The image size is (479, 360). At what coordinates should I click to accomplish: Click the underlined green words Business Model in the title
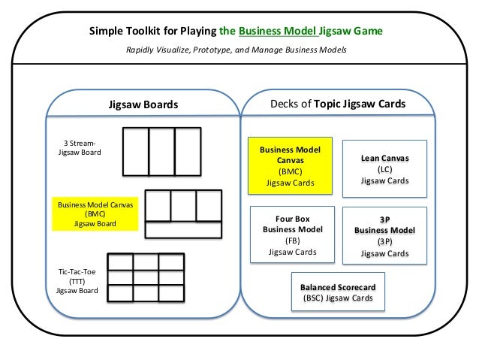[x=278, y=31]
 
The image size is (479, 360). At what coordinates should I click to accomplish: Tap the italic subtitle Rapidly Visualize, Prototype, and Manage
[x=204, y=50]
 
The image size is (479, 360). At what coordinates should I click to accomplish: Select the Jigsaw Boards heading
[x=143, y=104]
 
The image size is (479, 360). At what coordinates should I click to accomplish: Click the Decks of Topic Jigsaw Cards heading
[x=338, y=104]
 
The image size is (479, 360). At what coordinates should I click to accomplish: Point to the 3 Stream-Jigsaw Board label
[x=80, y=148]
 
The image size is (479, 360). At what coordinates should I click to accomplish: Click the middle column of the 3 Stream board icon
[x=162, y=152]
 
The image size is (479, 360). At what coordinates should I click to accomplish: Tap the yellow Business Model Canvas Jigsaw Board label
[x=95, y=213]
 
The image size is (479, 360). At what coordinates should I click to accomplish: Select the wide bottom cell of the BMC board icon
[x=183, y=230]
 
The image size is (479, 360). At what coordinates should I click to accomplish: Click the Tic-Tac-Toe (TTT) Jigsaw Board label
[x=77, y=281]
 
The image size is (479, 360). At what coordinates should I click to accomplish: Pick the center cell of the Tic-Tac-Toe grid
[x=146, y=278]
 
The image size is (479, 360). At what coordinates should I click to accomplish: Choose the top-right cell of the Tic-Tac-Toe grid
[x=171, y=262]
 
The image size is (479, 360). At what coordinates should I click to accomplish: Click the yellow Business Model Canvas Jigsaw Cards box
[x=290, y=166]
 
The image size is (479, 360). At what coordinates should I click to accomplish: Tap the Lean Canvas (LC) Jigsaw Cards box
[x=384, y=169]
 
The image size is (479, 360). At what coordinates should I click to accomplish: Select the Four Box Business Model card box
[x=292, y=234]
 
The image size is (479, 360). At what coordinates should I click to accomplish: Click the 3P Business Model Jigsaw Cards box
[x=384, y=235]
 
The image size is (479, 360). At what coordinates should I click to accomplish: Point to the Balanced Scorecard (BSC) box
[x=338, y=292]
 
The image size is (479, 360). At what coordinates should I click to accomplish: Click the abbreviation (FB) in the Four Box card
[x=293, y=241]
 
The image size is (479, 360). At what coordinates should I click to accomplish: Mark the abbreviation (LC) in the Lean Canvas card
[x=385, y=169]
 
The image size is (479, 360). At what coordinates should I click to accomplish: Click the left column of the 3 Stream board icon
[x=136, y=152]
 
